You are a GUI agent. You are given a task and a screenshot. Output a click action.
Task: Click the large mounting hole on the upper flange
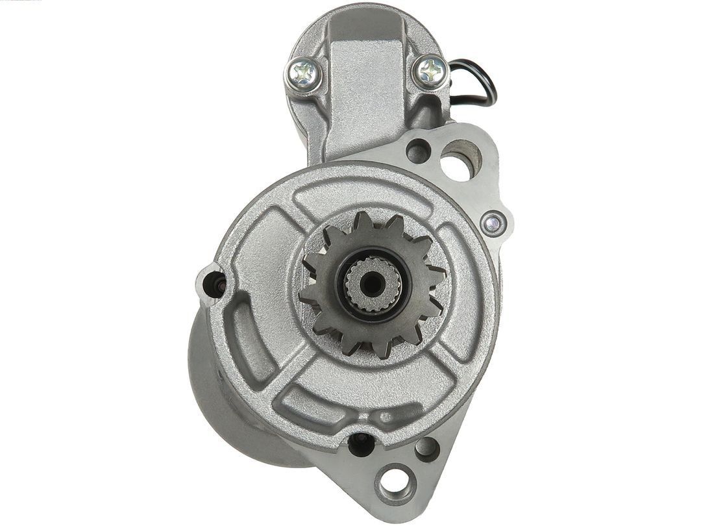click(x=461, y=159)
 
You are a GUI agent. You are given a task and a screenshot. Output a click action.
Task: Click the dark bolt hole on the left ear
click(x=215, y=283)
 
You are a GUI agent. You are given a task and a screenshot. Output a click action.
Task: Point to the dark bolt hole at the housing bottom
click(x=361, y=445)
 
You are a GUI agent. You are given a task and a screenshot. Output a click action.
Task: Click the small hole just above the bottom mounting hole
click(x=426, y=448)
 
